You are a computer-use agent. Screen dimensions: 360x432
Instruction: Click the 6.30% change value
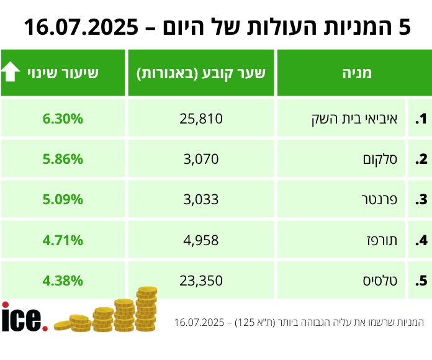(63, 119)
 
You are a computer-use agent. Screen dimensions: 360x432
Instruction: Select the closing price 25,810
(201, 119)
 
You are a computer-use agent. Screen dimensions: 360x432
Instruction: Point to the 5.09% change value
(63, 199)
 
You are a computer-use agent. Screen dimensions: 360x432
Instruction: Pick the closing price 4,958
(201, 240)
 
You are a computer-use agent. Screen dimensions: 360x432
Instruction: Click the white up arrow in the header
(11, 73)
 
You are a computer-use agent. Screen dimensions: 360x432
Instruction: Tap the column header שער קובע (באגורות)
(201, 73)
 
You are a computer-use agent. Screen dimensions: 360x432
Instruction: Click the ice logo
(24, 317)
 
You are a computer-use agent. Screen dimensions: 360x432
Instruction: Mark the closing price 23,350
(201, 280)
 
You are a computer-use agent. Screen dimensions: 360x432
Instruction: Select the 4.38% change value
(63, 280)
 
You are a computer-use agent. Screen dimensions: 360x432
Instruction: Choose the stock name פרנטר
(379, 199)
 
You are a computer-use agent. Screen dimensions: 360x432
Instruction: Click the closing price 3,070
(201, 159)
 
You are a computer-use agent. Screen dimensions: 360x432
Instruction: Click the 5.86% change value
(63, 159)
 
